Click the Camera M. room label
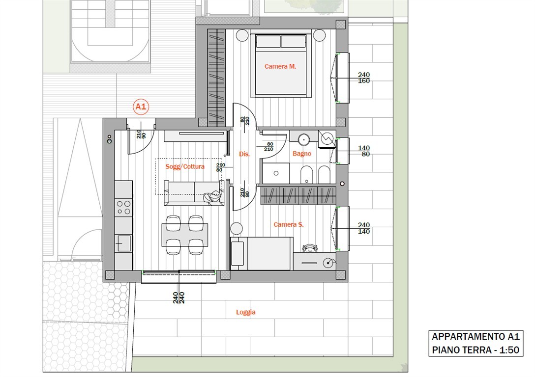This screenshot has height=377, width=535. point(280,66)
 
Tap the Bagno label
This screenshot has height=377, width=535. point(302,154)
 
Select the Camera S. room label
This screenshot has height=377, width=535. point(289,224)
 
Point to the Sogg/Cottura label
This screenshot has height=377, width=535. point(185,166)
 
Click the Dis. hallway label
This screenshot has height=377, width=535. point(244,154)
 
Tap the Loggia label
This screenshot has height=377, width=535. point(246,312)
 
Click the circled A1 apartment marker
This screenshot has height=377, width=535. point(141,107)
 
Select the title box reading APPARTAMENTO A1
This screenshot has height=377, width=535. point(476,343)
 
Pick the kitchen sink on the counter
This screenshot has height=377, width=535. point(124,243)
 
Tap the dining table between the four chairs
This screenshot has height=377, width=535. point(184,235)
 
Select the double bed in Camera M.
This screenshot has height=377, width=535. point(281,65)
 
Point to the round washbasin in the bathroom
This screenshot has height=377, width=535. point(304,139)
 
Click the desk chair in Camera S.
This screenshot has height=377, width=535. point(310,248)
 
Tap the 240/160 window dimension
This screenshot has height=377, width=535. point(364,78)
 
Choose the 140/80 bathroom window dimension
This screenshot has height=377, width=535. point(364,151)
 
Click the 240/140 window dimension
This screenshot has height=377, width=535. point(364,228)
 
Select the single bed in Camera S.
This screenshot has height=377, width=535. point(262,254)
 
